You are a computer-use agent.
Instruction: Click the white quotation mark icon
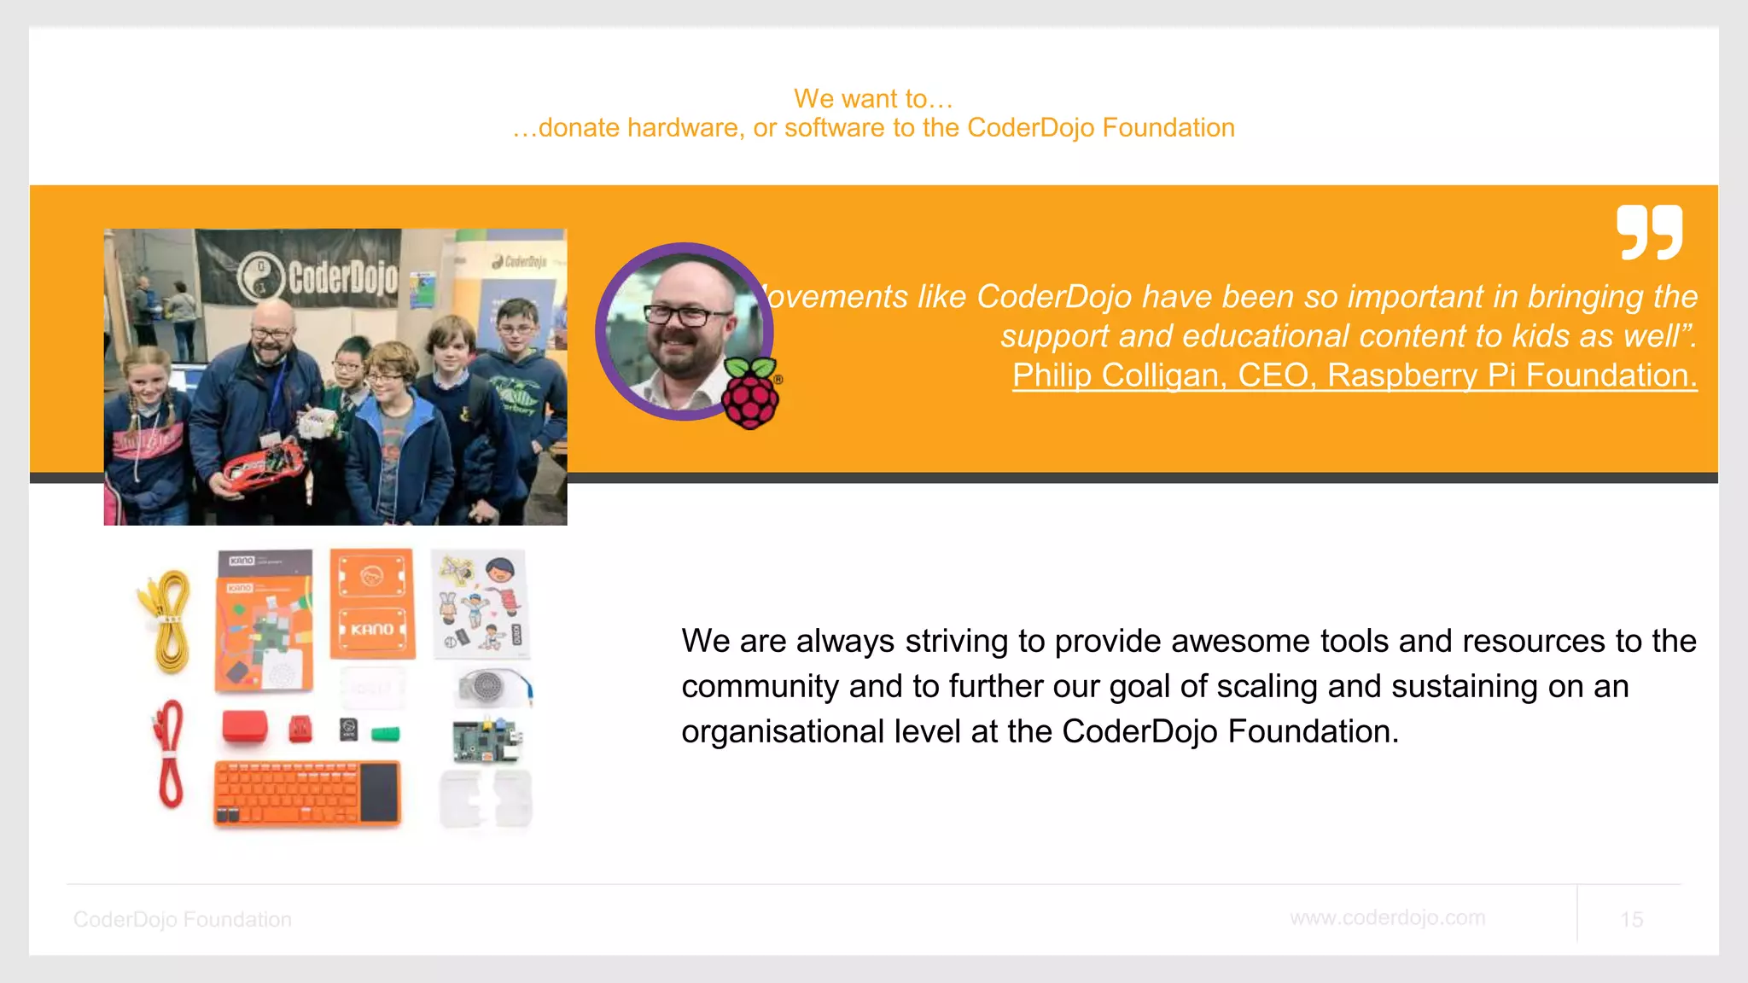tap(1649, 232)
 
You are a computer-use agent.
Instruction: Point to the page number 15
tap(1631, 919)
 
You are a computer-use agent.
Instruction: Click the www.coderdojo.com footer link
tap(1387, 917)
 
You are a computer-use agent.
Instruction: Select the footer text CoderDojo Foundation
tap(182, 919)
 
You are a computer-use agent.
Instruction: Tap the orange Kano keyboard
tap(306, 794)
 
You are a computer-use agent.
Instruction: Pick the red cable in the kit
tap(169, 754)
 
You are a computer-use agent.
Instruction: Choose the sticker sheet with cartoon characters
tap(481, 604)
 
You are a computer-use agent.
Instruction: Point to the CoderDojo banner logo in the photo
tap(318, 277)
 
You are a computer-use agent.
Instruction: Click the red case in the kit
tap(245, 727)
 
